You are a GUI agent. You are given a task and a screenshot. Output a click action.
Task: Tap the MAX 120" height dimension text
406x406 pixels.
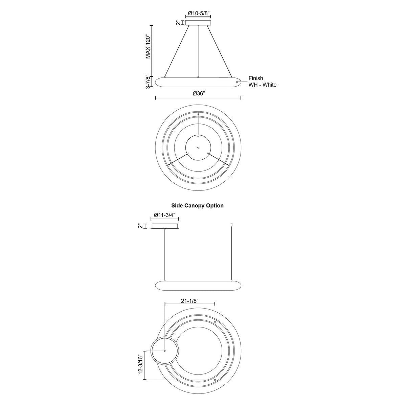pos(148,46)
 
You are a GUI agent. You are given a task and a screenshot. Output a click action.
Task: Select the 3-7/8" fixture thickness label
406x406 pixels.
pos(149,82)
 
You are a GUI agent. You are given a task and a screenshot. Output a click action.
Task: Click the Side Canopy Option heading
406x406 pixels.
pos(197,205)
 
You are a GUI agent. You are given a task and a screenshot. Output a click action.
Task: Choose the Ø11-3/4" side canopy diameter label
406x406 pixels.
pos(165,215)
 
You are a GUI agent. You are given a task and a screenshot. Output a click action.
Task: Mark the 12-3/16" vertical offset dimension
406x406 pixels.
pos(140,364)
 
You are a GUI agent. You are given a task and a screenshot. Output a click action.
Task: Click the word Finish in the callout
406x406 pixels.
pos(256,78)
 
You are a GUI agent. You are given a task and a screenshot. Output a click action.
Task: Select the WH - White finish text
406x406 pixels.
pos(263,85)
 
